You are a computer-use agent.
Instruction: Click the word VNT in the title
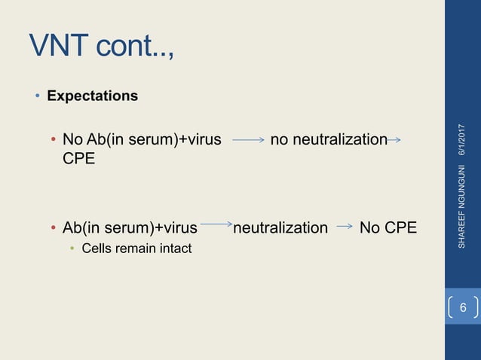60,46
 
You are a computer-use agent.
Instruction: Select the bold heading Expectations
92,96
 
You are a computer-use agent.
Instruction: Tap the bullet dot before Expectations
35,97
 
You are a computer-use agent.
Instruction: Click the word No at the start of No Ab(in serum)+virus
72,139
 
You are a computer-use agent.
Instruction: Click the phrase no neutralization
328,139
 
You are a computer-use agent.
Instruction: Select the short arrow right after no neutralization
394,139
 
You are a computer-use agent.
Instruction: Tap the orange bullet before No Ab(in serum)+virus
53,140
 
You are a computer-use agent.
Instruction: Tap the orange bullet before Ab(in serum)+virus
53,228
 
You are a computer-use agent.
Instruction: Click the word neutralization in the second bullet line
280,227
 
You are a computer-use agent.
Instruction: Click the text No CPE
388,227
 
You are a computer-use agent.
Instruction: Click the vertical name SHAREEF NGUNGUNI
463,203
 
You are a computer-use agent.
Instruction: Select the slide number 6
463,308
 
